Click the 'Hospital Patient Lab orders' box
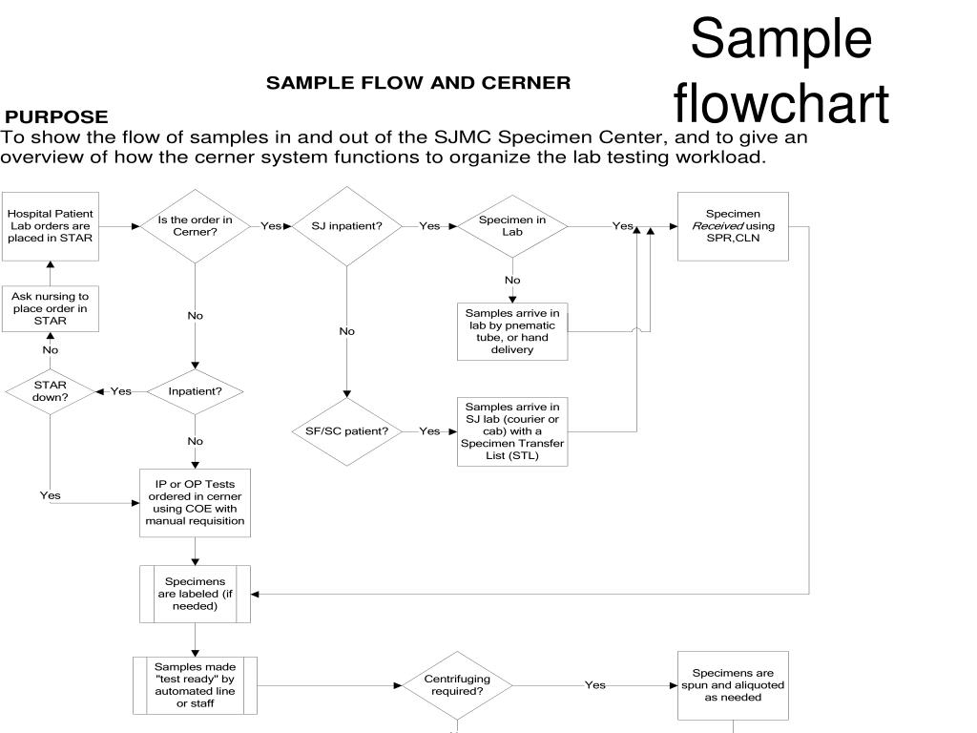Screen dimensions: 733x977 point(50,226)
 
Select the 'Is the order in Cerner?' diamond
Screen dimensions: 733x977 point(195,226)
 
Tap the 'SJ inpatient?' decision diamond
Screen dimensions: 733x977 point(346,226)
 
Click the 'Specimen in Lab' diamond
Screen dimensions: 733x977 point(512,226)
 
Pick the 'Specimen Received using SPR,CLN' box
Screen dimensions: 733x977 point(733,226)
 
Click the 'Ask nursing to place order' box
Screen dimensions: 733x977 point(50,308)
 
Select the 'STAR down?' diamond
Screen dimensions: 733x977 point(50,391)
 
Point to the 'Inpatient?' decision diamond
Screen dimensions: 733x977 point(195,391)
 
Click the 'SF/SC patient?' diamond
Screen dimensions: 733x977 point(346,431)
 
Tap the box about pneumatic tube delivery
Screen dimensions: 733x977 point(512,330)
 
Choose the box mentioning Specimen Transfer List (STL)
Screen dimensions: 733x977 point(512,431)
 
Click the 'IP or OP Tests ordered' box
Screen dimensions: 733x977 point(195,503)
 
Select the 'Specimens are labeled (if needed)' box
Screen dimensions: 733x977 point(195,594)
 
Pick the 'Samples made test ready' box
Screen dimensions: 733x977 point(195,684)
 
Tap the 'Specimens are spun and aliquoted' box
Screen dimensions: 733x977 point(733,684)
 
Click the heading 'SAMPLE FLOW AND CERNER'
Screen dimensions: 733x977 point(418,83)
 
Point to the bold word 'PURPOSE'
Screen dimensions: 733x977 point(56,116)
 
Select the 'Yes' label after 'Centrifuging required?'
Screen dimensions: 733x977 point(595,684)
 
